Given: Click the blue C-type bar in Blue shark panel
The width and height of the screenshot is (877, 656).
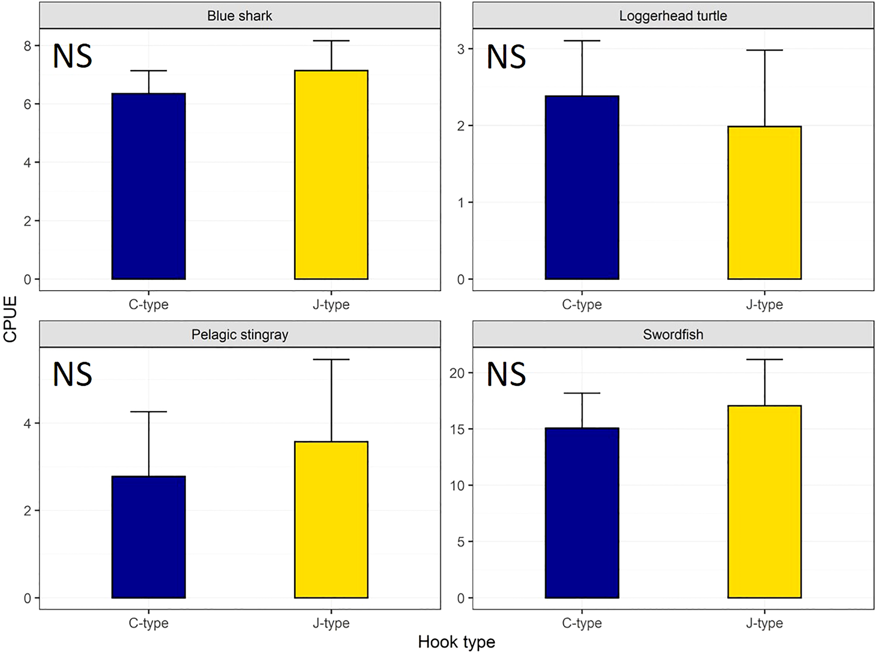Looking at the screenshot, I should click(149, 186).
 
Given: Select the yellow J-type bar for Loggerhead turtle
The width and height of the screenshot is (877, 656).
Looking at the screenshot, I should click(764, 203).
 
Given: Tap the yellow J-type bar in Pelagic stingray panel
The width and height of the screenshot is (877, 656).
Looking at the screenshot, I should click(331, 519).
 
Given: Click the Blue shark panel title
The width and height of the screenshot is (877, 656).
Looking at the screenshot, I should click(240, 16).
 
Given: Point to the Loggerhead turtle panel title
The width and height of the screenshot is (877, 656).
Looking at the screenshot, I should click(673, 16).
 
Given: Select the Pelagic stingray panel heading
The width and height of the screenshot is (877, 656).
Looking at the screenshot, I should click(240, 334).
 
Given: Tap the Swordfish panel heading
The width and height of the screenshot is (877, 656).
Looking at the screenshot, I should click(673, 334).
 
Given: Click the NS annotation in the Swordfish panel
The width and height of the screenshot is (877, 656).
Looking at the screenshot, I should click(506, 374).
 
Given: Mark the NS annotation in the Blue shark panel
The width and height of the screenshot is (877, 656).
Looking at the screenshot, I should click(73, 56).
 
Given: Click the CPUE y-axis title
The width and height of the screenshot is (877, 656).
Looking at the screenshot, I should click(10, 319).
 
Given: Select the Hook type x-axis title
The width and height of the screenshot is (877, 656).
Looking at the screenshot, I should click(456, 642).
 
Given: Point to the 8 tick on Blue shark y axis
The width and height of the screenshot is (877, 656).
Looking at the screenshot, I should click(27, 46).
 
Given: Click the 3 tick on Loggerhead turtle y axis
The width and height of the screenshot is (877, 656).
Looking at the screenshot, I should click(461, 49).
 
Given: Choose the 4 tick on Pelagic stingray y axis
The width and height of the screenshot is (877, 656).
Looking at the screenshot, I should click(27, 424).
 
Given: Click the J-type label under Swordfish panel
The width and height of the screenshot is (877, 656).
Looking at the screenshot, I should click(764, 623).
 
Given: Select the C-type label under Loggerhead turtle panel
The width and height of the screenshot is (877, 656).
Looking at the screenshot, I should click(582, 305).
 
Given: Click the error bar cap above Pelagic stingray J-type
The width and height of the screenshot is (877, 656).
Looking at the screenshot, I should click(331, 359).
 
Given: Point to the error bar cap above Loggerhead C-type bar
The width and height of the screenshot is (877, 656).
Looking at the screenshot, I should click(582, 41).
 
